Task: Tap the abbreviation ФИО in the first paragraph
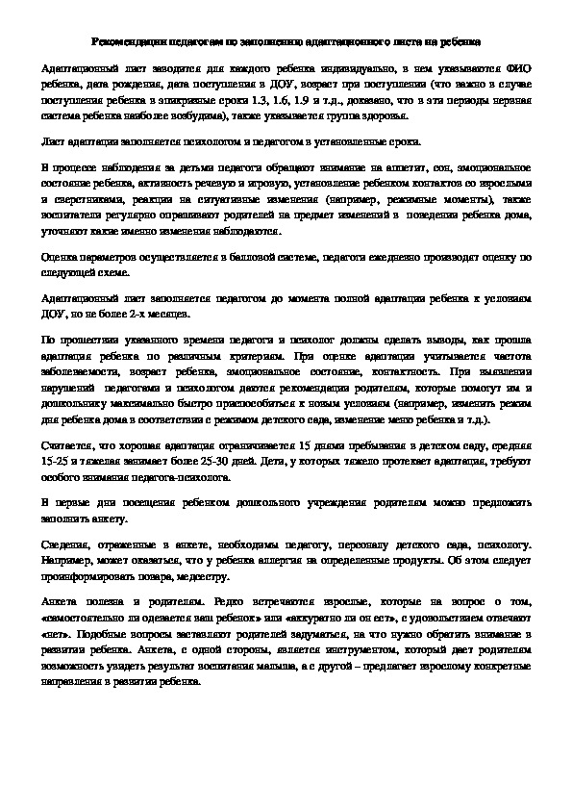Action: click(x=515, y=71)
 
